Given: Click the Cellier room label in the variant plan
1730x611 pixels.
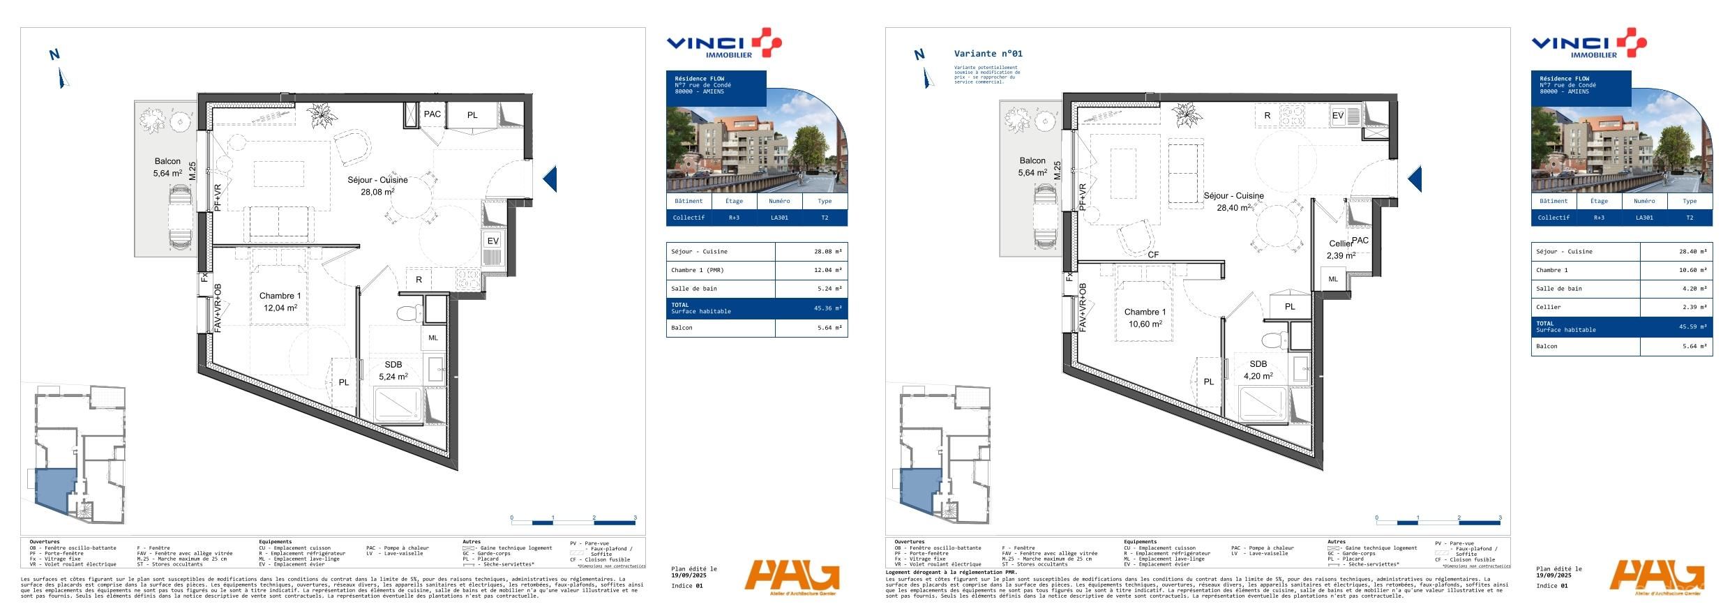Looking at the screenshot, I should coord(1340,243).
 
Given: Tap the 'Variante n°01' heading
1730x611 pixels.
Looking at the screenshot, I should coord(988,54).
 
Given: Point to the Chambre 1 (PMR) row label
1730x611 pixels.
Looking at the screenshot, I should coord(697,270).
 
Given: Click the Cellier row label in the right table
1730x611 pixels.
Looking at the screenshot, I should coord(1548,307).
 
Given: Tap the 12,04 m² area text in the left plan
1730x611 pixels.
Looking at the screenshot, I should coord(280,308).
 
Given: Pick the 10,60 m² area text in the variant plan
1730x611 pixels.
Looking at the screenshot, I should coord(1145,324).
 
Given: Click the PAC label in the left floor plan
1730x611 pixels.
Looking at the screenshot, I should coord(433,114).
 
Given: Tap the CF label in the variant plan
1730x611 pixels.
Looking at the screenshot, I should coord(1153,255).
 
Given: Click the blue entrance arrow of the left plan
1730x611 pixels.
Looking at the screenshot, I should coord(550,179).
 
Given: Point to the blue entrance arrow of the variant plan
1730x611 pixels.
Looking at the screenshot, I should coord(1415,179).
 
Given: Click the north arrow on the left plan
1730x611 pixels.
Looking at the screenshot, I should coord(60,68).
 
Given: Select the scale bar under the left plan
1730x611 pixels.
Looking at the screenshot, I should coord(573,521).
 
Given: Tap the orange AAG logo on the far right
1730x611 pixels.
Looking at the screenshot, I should coord(1656,578).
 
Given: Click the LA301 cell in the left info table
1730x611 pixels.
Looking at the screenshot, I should coord(779,218).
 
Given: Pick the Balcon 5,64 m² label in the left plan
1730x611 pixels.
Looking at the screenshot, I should coord(167,167).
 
